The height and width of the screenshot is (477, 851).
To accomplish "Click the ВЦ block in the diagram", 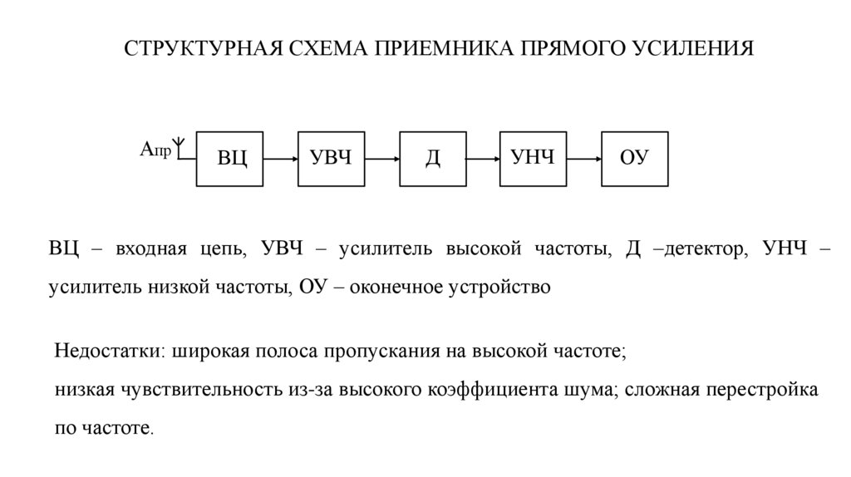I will point(230,158).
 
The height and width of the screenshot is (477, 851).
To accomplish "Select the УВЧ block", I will point(332,158).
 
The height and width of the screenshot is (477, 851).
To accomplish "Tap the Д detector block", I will point(433,158).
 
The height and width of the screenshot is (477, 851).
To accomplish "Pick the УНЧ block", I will point(533,158).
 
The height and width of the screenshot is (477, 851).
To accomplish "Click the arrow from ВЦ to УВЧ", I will point(281,158).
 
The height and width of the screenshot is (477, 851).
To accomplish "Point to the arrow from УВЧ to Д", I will point(382,158).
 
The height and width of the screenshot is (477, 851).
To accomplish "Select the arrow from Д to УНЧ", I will point(483,158).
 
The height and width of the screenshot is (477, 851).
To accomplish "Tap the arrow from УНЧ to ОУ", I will point(584,158).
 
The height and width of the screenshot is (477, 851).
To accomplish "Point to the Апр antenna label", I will point(155,150).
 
